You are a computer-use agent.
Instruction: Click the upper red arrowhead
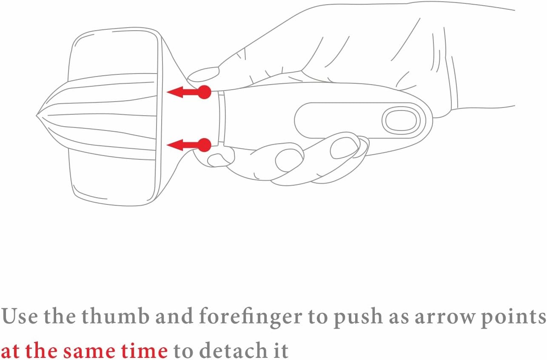tap(175, 92)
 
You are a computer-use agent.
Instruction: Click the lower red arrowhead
tap(175, 145)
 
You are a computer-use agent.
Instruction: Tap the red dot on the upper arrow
tap(205, 92)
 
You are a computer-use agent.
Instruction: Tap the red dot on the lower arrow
tap(205, 145)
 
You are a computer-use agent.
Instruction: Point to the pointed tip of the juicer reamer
tap(37, 116)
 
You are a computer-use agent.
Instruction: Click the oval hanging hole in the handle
tap(401, 121)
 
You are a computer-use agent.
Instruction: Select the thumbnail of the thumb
tap(203, 75)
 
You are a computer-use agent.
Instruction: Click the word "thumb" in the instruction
tap(115, 316)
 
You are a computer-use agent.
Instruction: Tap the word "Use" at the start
tap(20, 317)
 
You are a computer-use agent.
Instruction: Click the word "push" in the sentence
tap(358, 318)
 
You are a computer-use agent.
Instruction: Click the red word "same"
tap(90, 351)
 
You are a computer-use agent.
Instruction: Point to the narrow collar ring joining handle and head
tap(222, 118)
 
